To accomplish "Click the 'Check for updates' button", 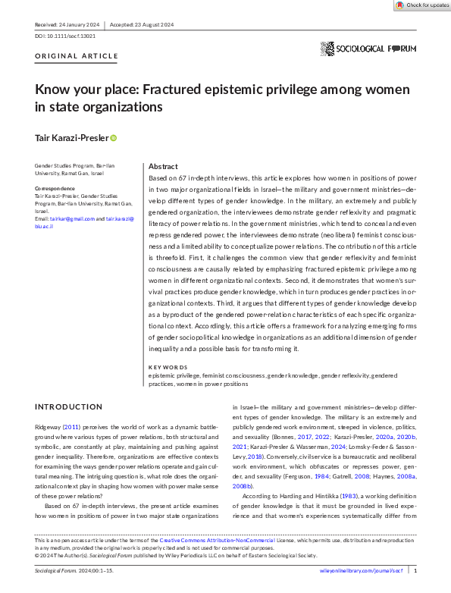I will [422, 5].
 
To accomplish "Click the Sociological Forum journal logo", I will [368, 49].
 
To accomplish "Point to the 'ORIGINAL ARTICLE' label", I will [77, 56].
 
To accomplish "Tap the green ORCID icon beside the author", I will [114, 138].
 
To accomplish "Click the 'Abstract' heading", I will [163, 166].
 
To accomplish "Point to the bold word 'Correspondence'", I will [55, 187].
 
